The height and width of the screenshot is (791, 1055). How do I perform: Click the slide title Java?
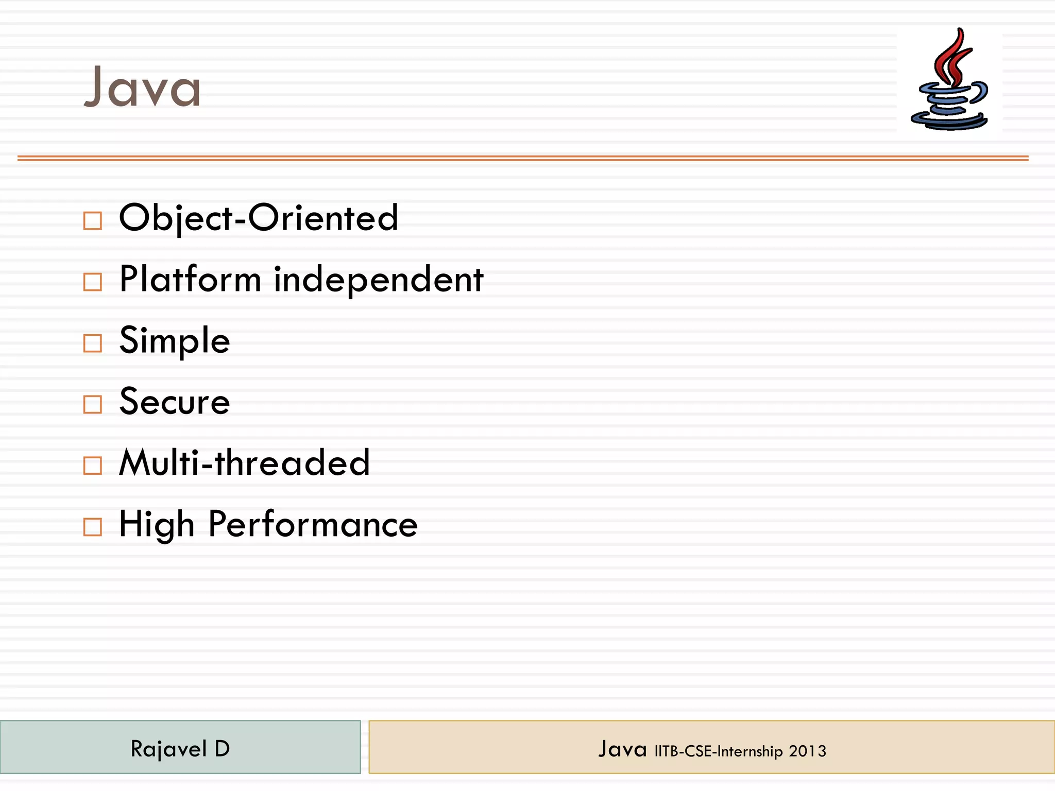tap(142, 88)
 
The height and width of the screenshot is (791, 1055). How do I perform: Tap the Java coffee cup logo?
tap(949, 82)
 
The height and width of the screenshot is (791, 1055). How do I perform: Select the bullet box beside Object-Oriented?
tap(93, 221)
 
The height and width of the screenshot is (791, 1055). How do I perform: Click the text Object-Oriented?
tap(259, 218)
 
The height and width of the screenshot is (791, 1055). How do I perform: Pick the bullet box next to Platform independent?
tap(93, 282)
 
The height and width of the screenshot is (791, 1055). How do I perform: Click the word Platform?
tap(190, 279)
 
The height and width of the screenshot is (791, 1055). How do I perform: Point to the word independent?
tap(379, 279)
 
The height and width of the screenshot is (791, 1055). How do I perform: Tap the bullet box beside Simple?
tap(93, 343)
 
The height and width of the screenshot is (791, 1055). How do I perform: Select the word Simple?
tap(175, 340)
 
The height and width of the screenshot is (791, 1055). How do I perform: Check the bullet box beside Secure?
tap(93, 404)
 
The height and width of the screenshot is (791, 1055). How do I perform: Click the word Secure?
tap(175, 402)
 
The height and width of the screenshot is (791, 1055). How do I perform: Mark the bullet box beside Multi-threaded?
tap(93, 466)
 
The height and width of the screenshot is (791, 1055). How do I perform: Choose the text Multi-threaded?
tap(245, 462)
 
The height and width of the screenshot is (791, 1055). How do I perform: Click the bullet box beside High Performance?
tap(93, 527)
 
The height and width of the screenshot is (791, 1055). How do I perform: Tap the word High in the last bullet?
tap(157, 524)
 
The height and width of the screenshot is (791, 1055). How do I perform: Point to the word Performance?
tap(313, 524)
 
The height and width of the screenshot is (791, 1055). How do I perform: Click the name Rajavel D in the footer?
tap(180, 749)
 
